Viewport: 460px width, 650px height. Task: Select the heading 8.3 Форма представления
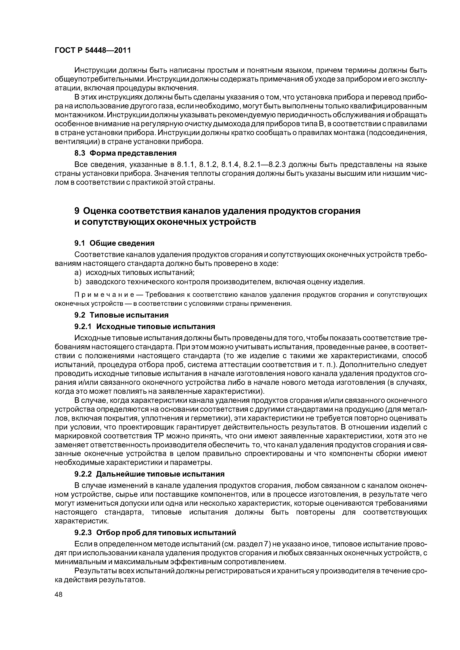point(125,153)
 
